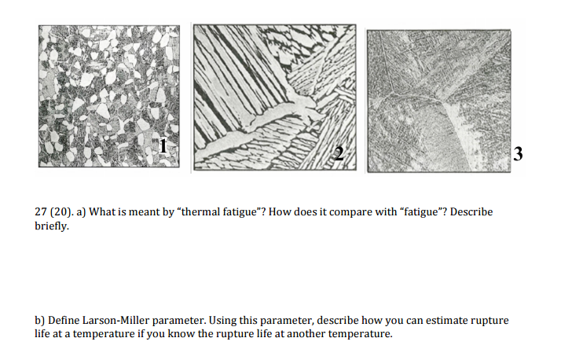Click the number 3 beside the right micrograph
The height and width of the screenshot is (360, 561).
(518, 154)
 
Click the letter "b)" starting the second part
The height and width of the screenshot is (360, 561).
(41, 321)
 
